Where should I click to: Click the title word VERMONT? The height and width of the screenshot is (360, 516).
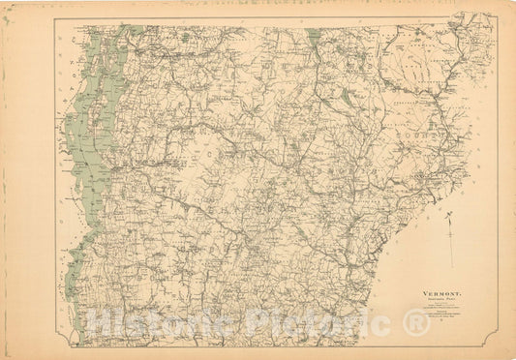click(x=440, y=291)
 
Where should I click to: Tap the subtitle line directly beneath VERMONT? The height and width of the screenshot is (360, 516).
click(x=440, y=298)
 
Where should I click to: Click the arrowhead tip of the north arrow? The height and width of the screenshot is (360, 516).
click(x=451, y=219)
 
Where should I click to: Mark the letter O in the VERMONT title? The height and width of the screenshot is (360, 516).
click(x=447, y=291)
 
